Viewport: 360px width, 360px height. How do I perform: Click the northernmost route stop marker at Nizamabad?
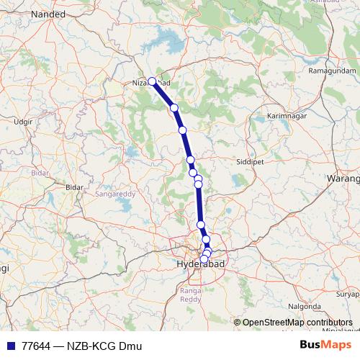pyautogui.click(x=152, y=81)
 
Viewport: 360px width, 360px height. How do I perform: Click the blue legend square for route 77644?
pyautogui.click(x=10, y=346)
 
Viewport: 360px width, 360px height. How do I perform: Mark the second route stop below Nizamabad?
pyautogui.click(x=183, y=130)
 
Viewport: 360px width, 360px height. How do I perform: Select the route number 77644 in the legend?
pyautogui.click(x=36, y=346)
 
